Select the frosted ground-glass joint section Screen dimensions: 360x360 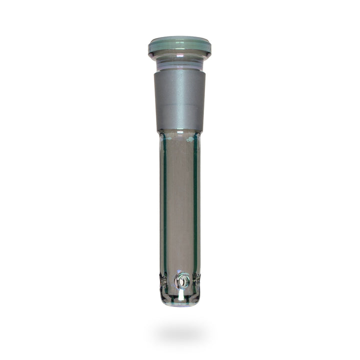180,100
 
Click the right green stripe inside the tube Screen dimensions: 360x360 195,210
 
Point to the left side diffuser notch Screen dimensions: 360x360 162,281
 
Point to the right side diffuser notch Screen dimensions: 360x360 198,281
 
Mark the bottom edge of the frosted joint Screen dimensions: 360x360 180,131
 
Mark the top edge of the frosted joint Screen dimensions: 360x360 180,70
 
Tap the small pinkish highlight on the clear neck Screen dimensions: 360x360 170,62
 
